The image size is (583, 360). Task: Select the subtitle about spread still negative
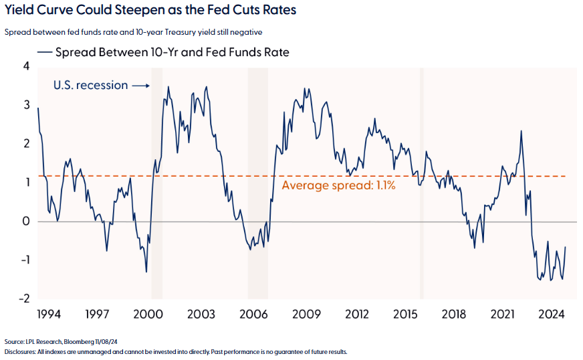point(132,31)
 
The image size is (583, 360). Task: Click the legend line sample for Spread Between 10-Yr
point(45,52)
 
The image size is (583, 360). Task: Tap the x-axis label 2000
point(149,314)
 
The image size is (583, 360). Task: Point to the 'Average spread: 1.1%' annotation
point(338,185)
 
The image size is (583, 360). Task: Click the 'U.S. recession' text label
point(90,85)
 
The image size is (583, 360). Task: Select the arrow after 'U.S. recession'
point(140,86)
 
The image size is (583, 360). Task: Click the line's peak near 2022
point(521,131)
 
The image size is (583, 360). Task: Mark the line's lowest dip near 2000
point(146,272)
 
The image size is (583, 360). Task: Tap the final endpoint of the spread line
point(566,247)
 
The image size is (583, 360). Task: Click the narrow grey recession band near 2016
point(421,181)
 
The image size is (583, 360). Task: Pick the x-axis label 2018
point(455,314)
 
